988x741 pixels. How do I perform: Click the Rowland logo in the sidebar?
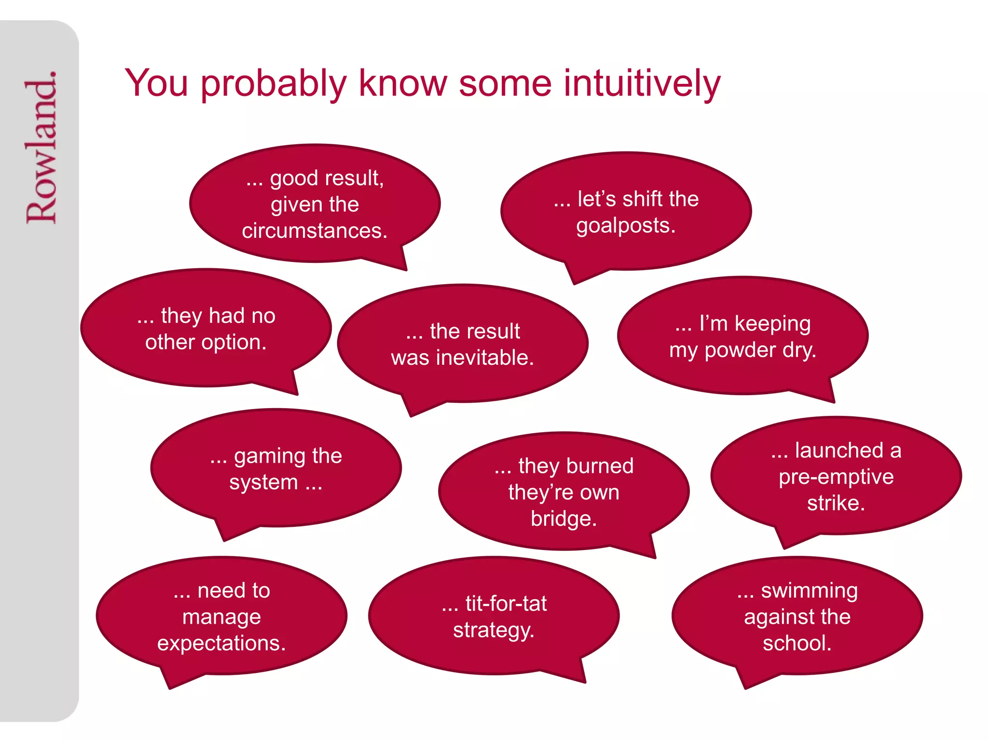41,147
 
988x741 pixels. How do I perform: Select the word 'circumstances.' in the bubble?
315,231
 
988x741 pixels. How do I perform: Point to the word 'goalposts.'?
626,226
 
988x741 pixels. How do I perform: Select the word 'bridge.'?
563,519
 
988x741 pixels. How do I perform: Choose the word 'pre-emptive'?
836,477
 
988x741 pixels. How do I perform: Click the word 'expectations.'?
221,643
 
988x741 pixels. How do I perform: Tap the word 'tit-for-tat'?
506,604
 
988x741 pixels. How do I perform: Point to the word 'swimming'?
809,591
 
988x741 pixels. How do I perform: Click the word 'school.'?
797,643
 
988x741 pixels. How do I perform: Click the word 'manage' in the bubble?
221,617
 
